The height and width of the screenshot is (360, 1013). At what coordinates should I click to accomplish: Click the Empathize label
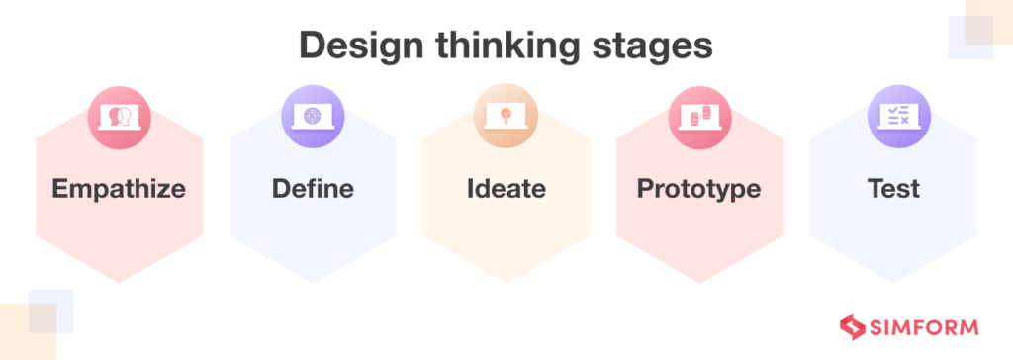tap(119, 189)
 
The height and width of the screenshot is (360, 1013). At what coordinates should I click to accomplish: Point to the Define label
tap(313, 189)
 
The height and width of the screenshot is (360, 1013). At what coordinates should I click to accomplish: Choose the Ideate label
tap(506, 189)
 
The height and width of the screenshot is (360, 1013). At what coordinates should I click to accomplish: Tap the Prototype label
tap(699, 189)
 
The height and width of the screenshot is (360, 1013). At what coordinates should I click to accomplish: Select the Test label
tap(893, 189)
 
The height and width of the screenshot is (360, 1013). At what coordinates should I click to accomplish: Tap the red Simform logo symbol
tap(851, 326)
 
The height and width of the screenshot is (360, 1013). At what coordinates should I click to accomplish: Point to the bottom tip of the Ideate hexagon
tap(506, 282)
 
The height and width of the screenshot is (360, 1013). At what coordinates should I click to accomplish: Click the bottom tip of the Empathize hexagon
tap(119, 282)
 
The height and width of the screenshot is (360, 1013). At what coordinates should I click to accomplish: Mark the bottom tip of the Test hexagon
tap(893, 282)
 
